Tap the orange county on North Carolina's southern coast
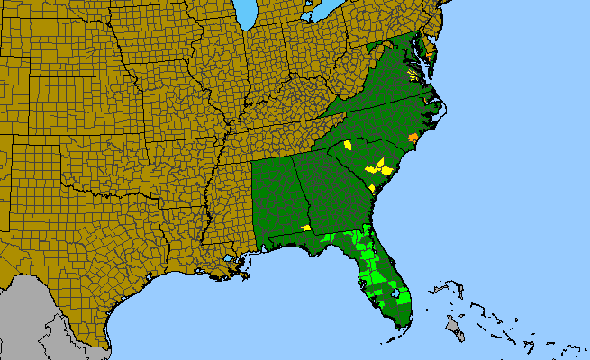click(x=413, y=138)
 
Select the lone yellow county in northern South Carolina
click(x=347, y=144)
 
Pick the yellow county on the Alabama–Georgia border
click(x=307, y=228)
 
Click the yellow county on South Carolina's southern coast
click(x=372, y=186)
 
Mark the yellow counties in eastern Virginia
click(x=413, y=75)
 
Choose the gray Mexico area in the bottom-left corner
click(x=27, y=315)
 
